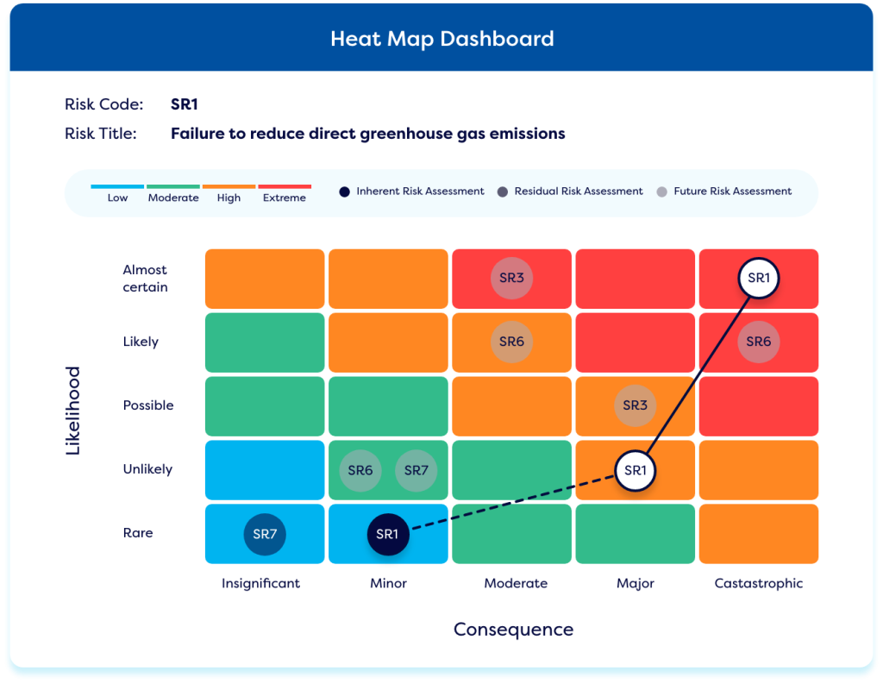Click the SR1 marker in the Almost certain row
pyautogui.click(x=759, y=278)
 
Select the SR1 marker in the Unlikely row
pyautogui.click(x=635, y=470)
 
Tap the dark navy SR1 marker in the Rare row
pyautogui.click(x=387, y=534)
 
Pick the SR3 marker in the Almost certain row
pyautogui.click(x=511, y=278)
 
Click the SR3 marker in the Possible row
pyautogui.click(x=635, y=405)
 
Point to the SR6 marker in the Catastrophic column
pyautogui.click(x=759, y=342)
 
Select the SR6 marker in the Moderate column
pyautogui.click(x=511, y=342)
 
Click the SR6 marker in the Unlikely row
pyautogui.click(x=360, y=470)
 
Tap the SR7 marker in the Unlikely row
pyautogui.click(x=416, y=470)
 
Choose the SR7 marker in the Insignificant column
pyautogui.click(x=264, y=534)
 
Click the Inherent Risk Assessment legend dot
pyautogui.click(x=344, y=191)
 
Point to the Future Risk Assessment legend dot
pyautogui.click(x=661, y=191)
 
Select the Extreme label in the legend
pyautogui.click(x=285, y=198)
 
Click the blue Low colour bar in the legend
pyautogui.click(x=118, y=186)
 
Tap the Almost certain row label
pyautogui.click(x=145, y=279)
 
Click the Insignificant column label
pyautogui.click(x=261, y=583)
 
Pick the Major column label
pyautogui.click(x=636, y=583)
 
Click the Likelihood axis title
pyautogui.click(x=73, y=411)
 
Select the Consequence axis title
pyautogui.click(x=513, y=630)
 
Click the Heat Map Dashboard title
pyautogui.click(x=441, y=39)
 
